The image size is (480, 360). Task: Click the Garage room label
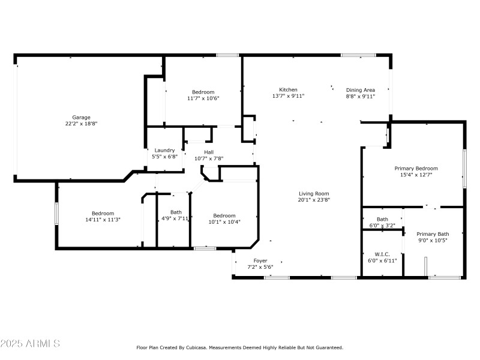click(x=82, y=117)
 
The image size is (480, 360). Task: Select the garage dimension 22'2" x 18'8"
click(x=82, y=124)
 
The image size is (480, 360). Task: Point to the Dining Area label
click(x=361, y=89)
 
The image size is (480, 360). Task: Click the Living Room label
click(x=314, y=193)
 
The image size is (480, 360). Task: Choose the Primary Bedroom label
click(x=416, y=169)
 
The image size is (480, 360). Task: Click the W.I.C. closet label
click(x=382, y=254)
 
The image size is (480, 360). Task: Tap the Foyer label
click(x=260, y=260)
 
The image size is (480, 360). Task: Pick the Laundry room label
click(x=164, y=150)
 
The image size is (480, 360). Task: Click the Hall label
click(x=209, y=152)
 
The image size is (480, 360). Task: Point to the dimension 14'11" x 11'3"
click(x=103, y=220)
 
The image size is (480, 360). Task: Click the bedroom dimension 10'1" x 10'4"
click(x=224, y=222)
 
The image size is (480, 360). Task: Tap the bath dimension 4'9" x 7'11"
click(x=176, y=218)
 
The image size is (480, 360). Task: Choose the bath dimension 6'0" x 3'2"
click(x=382, y=226)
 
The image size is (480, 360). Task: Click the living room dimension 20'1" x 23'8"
click(x=314, y=200)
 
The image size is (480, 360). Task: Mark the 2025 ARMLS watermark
click(x=30, y=344)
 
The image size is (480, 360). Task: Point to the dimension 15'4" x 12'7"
click(x=416, y=175)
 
